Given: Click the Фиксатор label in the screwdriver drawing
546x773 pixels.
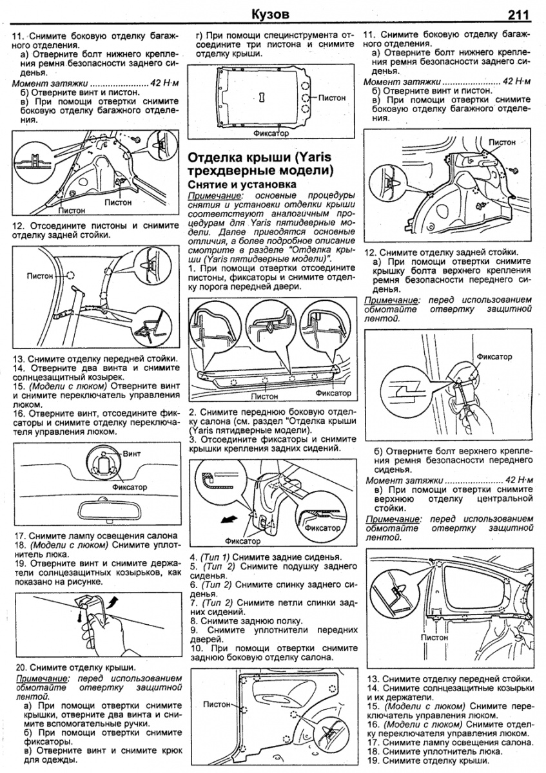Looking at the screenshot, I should coord(494,356).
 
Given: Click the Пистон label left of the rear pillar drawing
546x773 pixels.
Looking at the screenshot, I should coord(41,276).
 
